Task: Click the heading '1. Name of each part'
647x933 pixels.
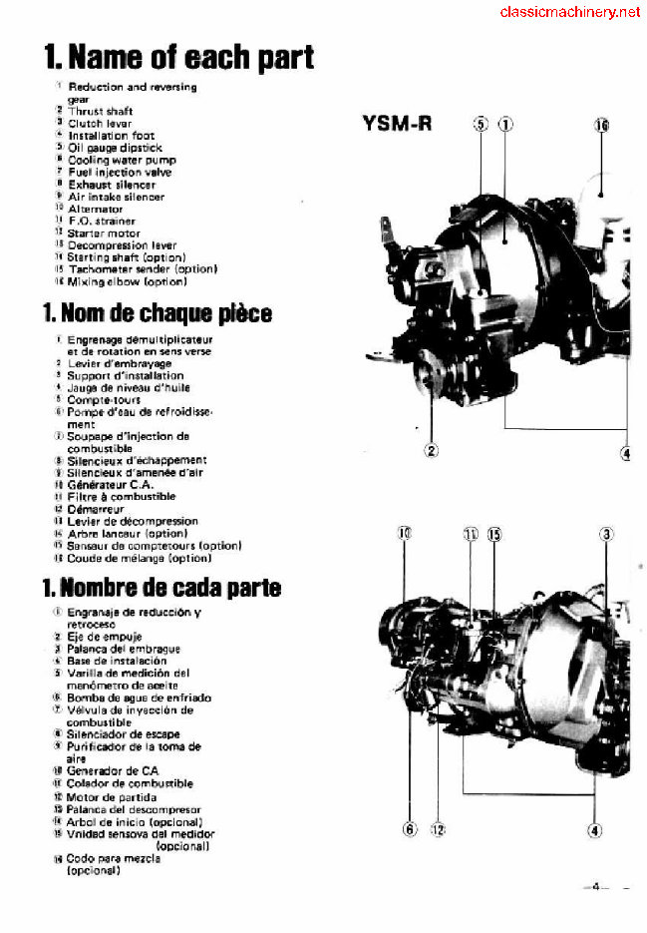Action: pyautogui.click(x=178, y=58)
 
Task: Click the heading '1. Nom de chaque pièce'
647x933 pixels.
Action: pyautogui.click(x=157, y=313)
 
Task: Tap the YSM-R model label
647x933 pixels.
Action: pyautogui.click(x=396, y=125)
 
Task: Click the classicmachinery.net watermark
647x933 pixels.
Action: pyautogui.click(x=569, y=12)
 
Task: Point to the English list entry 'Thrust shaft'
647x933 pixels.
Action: pyautogui.click(x=101, y=112)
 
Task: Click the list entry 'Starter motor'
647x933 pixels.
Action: pyautogui.click(x=105, y=233)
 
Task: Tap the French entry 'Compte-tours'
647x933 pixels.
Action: pyautogui.click(x=104, y=399)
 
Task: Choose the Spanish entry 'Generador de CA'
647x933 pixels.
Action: pyautogui.click(x=113, y=771)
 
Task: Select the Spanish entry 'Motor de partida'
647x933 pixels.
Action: pyautogui.click(x=112, y=796)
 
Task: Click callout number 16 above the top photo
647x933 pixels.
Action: pyautogui.click(x=601, y=126)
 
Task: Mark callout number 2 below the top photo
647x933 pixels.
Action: pyautogui.click(x=432, y=450)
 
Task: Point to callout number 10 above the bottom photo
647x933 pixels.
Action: pyautogui.click(x=405, y=534)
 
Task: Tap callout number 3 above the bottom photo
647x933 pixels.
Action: pyautogui.click(x=606, y=534)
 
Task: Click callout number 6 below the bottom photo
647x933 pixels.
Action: pyautogui.click(x=410, y=828)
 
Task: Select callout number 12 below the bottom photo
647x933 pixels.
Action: pyautogui.click(x=438, y=828)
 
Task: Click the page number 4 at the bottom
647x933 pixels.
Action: pyautogui.click(x=594, y=884)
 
